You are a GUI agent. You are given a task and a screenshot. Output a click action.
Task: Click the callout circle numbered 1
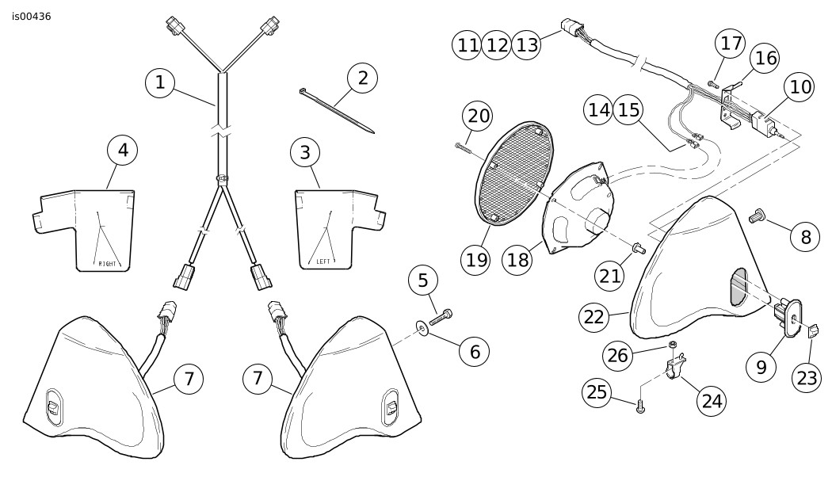(x=161, y=82)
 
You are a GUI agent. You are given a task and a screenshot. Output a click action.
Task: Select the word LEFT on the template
(x=323, y=260)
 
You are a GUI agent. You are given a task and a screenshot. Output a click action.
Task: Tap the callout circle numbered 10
(x=801, y=87)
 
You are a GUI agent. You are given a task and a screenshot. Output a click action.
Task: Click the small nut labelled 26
(x=671, y=344)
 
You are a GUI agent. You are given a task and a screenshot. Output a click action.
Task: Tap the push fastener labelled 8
(x=758, y=213)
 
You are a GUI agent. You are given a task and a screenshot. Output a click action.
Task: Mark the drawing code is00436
(x=32, y=16)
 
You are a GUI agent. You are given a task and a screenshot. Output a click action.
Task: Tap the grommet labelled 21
(x=635, y=251)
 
